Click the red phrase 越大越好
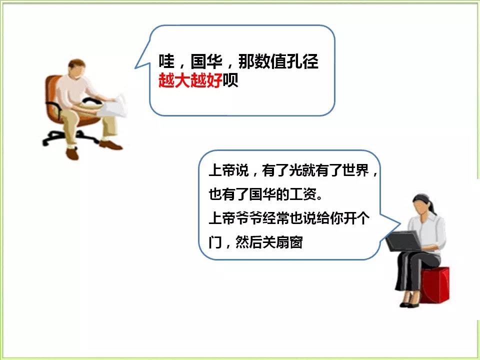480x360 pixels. pyautogui.click(x=190, y=81)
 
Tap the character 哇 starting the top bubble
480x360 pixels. pyautogui.click(x=166, y=61)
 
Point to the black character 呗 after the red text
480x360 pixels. pyautogui.click(x=230, y=81)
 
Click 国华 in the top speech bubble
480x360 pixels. pyautogui.click(x=206, y=61)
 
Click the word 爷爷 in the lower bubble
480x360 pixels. pyautogui.click(x=249, y=218)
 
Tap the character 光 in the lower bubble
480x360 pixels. pyautogui.click(x=295, y=170)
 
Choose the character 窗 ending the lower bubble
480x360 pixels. pyautogui.click(x=296, y=242)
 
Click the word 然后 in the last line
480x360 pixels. pyautogui.click(x=249, y=242)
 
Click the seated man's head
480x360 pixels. pyautogui.click(x=76, y=68)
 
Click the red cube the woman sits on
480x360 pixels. pyautogui.click(x=434, y=284)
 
